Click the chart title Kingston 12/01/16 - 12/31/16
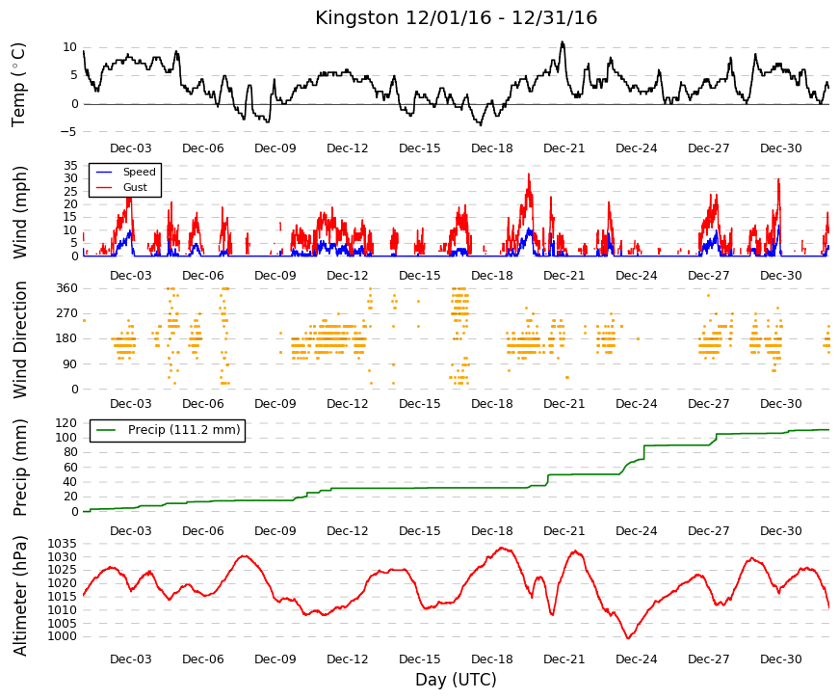click(456, 17)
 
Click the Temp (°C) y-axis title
click(18, 85)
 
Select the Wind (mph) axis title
click(19, 213)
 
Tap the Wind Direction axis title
click(19, 340)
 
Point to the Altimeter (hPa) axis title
click(19, 596)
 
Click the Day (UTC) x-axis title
click(456, 680)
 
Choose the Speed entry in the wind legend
click(139, 172)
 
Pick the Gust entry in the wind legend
click(135, 187)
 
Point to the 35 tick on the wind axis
click(71, 166)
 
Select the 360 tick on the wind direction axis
click(67, 288)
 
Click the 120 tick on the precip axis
click(67, 423)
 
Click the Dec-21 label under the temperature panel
click(564, 148)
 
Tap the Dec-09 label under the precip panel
click(275, 531)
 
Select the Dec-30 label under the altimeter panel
click(780, 659)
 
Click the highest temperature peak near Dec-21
click(563, 41)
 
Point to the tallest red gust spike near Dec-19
click(529, 175)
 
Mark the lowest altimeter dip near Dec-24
click(628, 638)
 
